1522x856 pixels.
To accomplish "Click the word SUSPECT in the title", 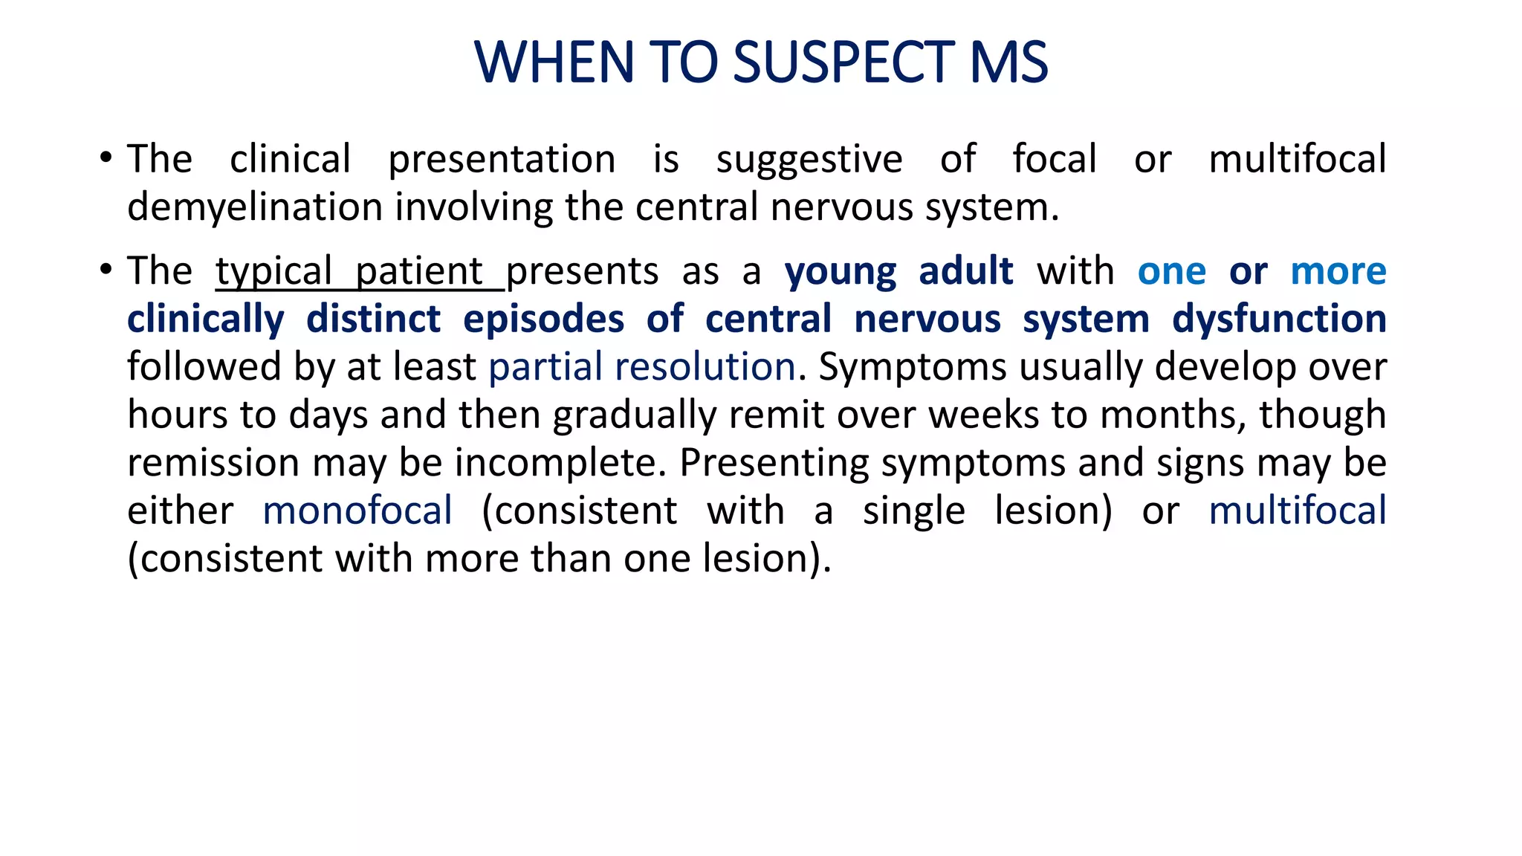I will [x=843, y=62].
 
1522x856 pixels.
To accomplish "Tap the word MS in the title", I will [x=1009, y=62].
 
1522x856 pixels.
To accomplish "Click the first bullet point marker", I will [x=106, y=158].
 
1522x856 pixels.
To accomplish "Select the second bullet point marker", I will [x=106, y=270].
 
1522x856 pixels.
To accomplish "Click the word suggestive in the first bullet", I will [x=809, y=160].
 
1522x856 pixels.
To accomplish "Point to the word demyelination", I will [x=255, y=207].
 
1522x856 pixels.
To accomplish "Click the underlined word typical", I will [x=274, y=271].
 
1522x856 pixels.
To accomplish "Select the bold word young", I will [x=840, y=271].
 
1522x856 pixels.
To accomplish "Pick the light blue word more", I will [x=1338, y=271].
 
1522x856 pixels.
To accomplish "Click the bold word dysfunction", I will [x=1279, y=320].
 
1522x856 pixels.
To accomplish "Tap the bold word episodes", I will [x=543, y=320].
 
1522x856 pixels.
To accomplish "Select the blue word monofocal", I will [x=357, y=511].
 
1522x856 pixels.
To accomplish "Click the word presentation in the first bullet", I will [x=502, y=160].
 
